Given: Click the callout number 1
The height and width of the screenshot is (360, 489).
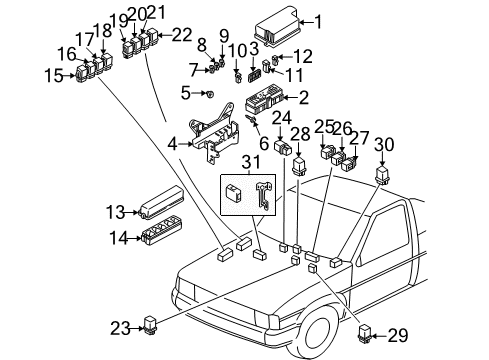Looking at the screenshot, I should [x=318, y=21].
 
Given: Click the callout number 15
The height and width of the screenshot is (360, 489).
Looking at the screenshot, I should [x=51, y=74].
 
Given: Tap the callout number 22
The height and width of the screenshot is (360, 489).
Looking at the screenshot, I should [x=181, y=36].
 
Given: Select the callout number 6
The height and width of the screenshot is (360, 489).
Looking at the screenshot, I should [x=263, y=143].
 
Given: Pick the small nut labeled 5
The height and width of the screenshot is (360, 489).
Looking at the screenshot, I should [x=209, y=93].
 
